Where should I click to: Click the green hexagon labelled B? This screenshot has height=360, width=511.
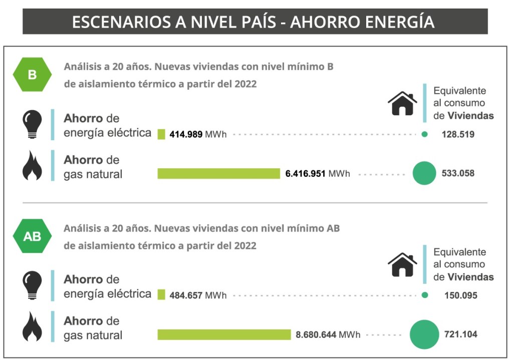pyautogui.click(x=32, y=75)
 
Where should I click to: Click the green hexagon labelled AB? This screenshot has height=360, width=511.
pyautogui.click(x=32, y=236)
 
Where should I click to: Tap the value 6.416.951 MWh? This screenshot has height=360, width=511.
pyautogui.click(x=318, y=174)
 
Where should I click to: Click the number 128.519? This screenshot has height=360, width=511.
pyautogui.click(x=458, y=135)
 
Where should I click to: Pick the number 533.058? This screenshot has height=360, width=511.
pyautogui.click(x=458, y=174)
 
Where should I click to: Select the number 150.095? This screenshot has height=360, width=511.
pyautogui.click(x=460, y=295)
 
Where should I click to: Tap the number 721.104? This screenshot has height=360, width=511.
pyautogui.click(x=460, y=334)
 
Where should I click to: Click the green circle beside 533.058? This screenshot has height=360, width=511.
pyautogui.click(x=424, y=174)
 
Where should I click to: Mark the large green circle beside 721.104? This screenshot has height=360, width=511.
pyautogui.click(x=424, y=334)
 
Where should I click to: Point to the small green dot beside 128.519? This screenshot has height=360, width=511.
pyautogui.click(x=424, y=134)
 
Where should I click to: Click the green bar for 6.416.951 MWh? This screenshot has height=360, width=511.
pyautogui.click(x=218, y=173)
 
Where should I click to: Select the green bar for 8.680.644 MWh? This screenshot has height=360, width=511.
pyautogui.click(x=224, y=334)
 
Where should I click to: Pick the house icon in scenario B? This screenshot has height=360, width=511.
pyautogui.click(x=402, y=104)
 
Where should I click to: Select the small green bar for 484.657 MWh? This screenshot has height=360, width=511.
pyautogui.click(x=161, y=295)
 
